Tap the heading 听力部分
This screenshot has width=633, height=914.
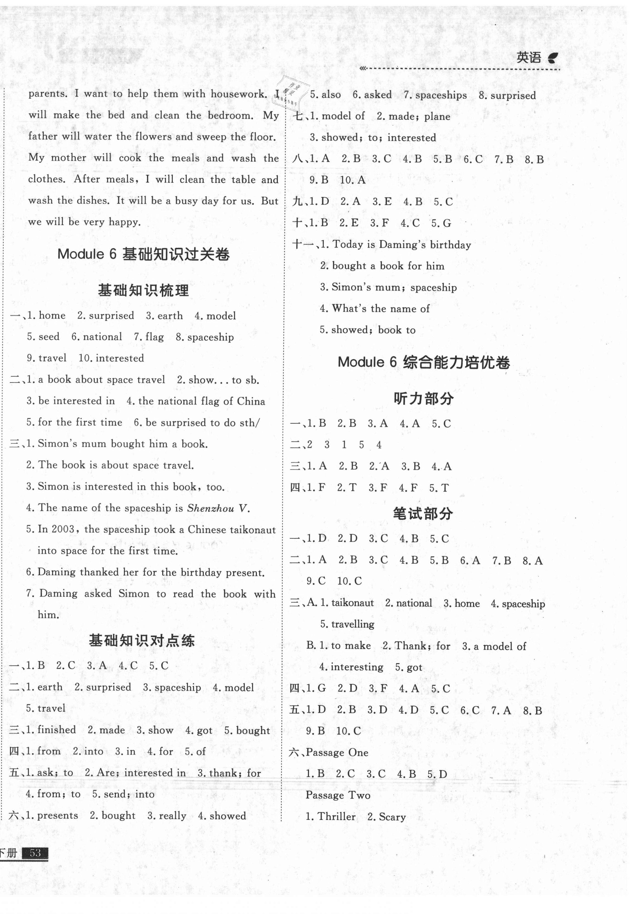[423, 398]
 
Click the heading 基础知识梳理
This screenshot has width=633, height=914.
[143, 291]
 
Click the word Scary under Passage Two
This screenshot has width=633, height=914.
[392, 816]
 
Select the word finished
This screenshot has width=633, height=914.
[56, 730]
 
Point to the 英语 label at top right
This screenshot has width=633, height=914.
[529, 58]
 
